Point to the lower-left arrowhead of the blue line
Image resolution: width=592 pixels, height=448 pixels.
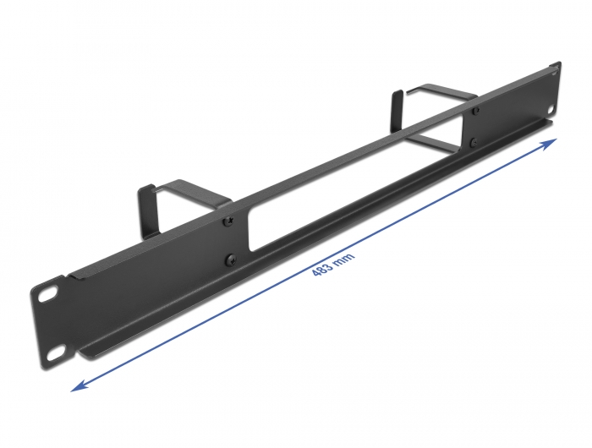77,385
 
